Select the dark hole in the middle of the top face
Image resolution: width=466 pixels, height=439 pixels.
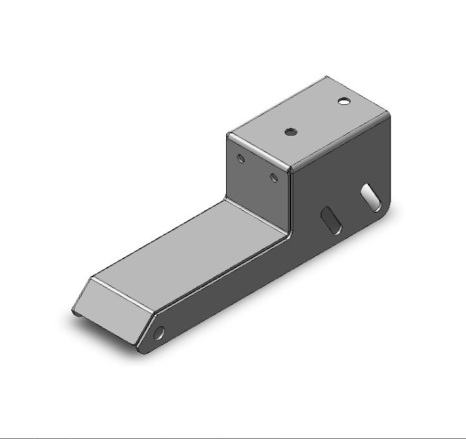point(291,131)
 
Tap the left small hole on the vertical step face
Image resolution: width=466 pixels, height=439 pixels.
point(241,158)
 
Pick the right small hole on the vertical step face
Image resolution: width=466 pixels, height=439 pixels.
point(273,178)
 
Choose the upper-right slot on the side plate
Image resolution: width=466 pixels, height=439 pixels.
point(371,196)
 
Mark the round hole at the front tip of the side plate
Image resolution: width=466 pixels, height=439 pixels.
point(160,333)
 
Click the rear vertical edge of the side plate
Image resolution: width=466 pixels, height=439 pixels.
point(391,158)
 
